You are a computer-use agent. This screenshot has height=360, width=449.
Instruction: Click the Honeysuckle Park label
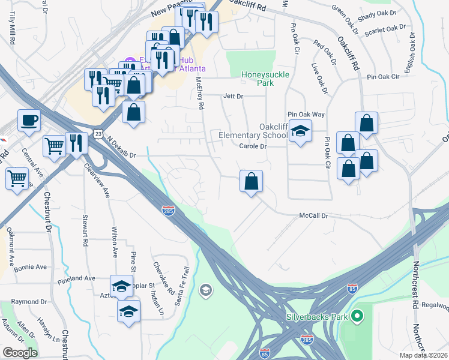pyautogui.click(x=265, y=79)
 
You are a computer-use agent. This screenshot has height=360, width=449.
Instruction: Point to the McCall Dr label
pyautogui.click(x=314, y=216)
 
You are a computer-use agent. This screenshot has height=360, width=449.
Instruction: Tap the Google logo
pyautogui.click(x=19, y=353)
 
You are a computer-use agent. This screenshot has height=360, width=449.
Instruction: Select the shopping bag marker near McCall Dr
pyautogui.click(x=252, y=181)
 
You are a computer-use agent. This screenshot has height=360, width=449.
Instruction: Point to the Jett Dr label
pyautogui.click(x=232, y=96)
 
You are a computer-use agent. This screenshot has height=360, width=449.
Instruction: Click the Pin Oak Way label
pyautogui.click(x=306, y=114)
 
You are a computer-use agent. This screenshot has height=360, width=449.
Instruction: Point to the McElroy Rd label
pyautogui.click(x=201, y=96)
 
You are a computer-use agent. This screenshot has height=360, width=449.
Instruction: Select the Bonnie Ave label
pyautogui.click(x=31, y=267)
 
